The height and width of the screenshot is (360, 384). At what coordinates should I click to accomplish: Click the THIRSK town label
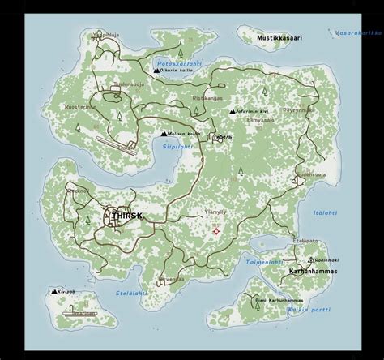tap(122, 216)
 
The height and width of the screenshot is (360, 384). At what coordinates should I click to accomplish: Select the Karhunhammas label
tap(313, 272)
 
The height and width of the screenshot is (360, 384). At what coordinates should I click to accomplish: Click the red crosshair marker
tap(216, 232)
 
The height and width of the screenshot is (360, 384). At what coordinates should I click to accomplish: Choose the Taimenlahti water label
tap(265, 262)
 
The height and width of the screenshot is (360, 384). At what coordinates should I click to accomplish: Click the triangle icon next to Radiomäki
tap(295, 259)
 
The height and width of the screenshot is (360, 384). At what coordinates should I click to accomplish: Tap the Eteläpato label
tap(304, 241)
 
